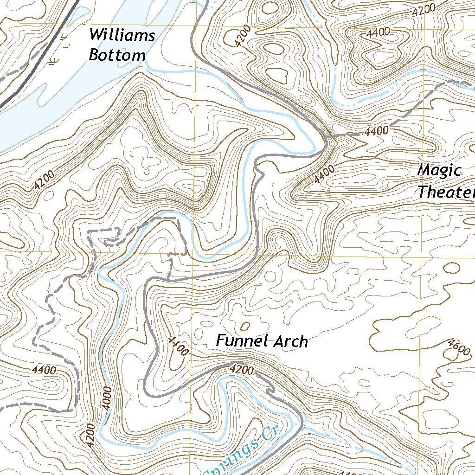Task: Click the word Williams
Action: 122,35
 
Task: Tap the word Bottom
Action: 117,56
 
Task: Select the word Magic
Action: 439,171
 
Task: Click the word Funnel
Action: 242,341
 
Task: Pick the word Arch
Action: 290,342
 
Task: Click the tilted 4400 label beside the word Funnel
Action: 178,346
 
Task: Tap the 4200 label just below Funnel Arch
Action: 242,370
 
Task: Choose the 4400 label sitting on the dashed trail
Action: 376,131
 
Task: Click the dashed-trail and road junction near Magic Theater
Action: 327,137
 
